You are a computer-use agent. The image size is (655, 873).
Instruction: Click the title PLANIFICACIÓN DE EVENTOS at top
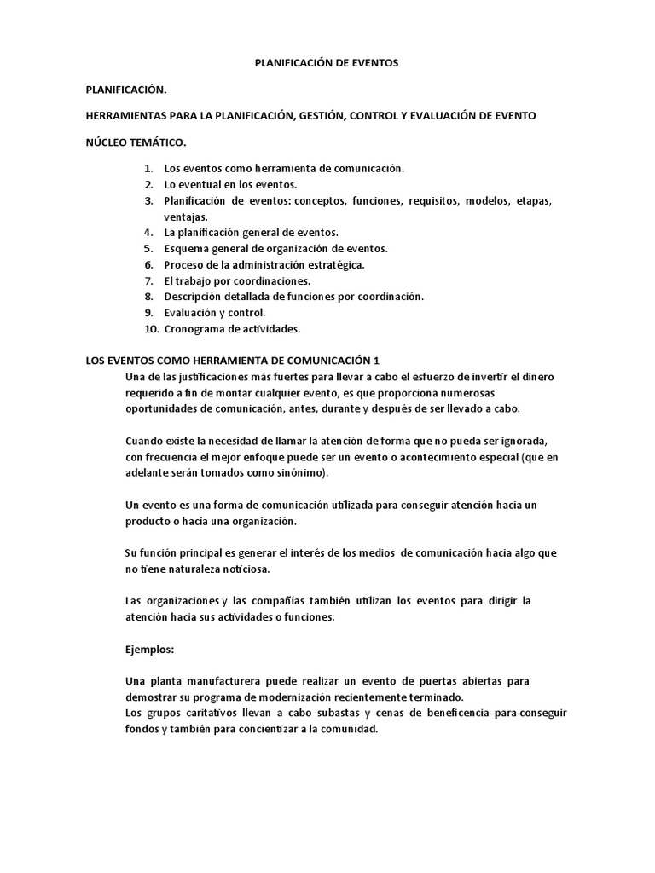(x=327, y=63)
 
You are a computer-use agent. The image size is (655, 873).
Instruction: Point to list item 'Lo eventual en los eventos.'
(x=230, y=184)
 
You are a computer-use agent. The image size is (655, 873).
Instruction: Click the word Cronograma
(x=194, y=328)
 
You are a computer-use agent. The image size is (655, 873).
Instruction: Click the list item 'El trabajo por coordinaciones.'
(x=237, y=280)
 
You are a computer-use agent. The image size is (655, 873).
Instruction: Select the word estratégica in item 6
(x=334, y=264)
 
